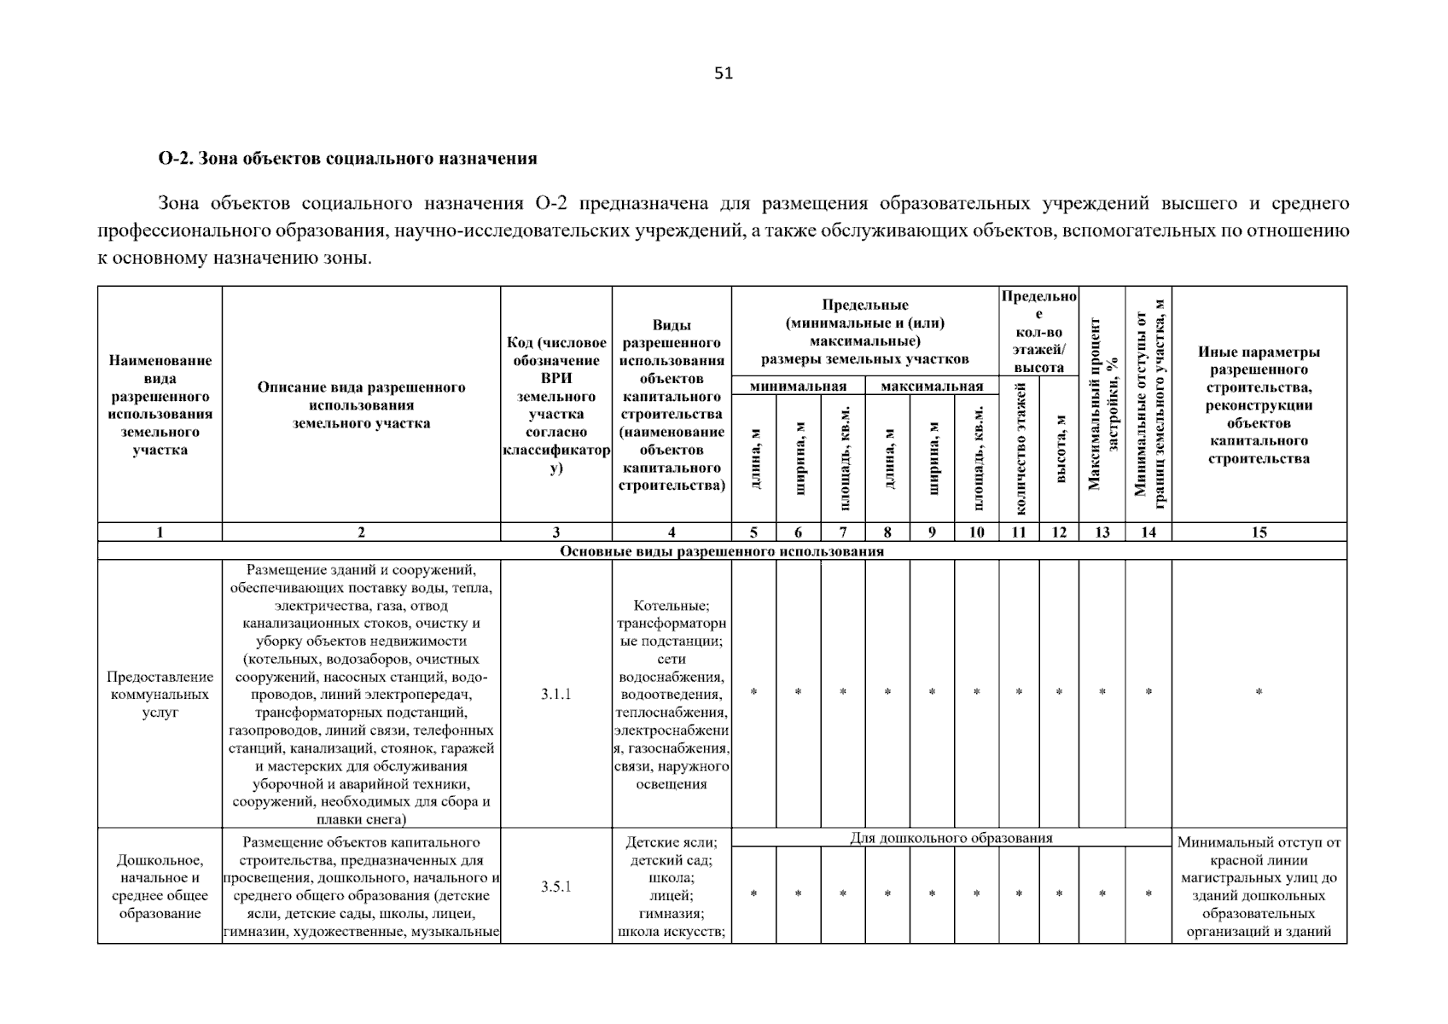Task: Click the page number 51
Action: pos(724,73)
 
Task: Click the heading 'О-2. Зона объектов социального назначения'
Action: pos(347,158)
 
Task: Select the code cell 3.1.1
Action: pos(555,694)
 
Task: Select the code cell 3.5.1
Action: pos(555,887)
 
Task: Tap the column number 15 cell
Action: pos(1259,532)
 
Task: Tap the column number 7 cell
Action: pos(842,532)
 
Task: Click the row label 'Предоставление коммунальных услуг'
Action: pos(160,694)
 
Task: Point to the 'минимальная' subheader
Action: pos(798,387)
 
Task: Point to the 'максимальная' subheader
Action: pos(932,387)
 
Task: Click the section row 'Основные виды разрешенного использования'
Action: pos(722,551)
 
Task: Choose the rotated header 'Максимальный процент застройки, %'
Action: pos(1102,404)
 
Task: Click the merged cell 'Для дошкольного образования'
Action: pos(951,838)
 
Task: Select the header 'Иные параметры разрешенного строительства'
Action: pos(1259,404)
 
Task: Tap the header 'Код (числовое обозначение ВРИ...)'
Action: pos(555,404)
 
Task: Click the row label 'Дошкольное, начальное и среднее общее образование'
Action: pos(160,887)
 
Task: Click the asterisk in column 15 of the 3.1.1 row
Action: pos(1259,693)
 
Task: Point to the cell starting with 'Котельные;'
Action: pos(672,694)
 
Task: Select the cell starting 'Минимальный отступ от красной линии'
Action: pos(1259,887)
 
